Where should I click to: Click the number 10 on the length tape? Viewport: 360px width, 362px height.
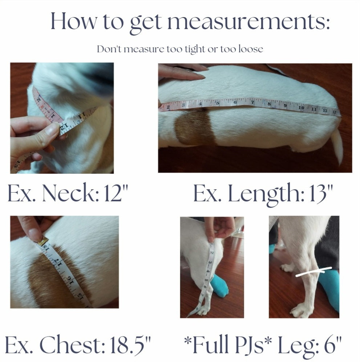301,108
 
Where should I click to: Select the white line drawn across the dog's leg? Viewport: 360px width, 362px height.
314,272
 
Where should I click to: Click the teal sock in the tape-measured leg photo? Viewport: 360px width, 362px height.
219,285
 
